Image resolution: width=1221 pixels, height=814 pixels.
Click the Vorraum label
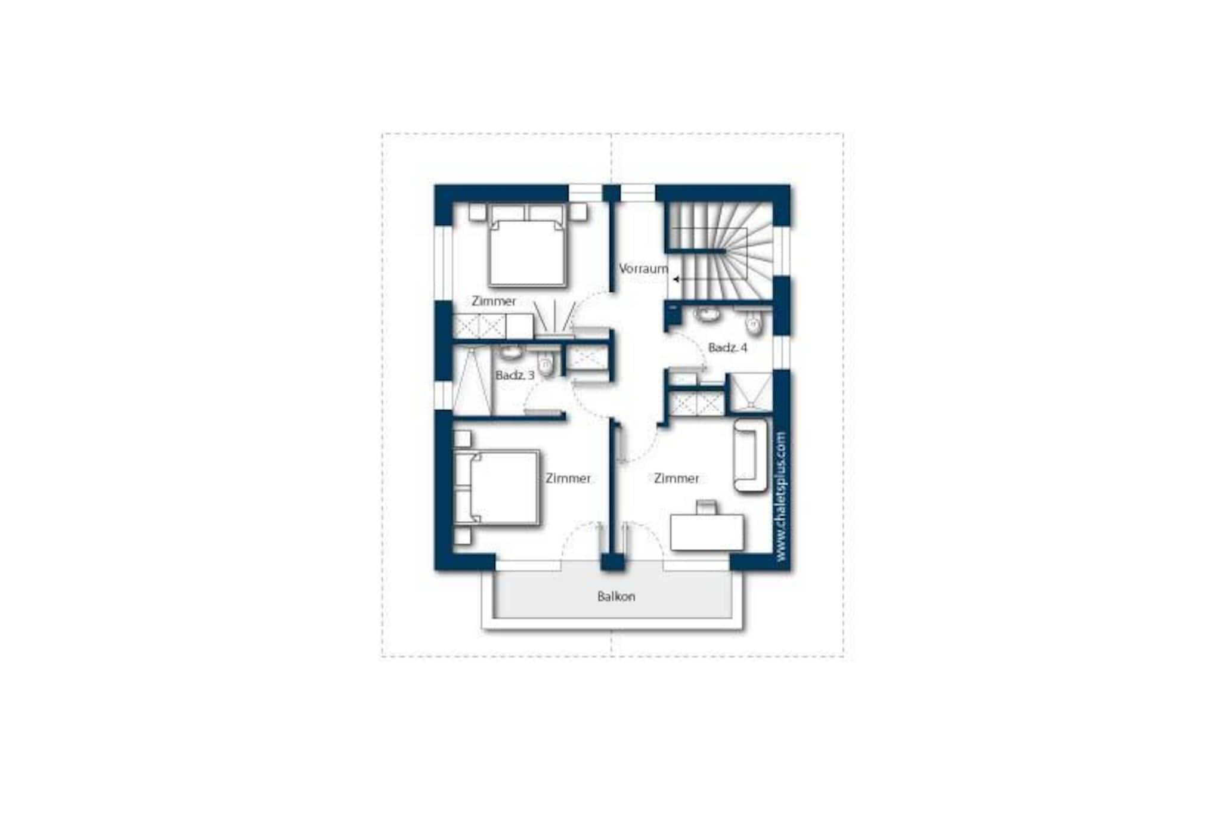pyautogui.click(x=643, y=269)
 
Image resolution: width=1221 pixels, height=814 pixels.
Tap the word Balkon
pyautogui.click(x=616, y=596)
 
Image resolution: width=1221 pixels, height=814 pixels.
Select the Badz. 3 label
pyautogui.click(x=515, y=376)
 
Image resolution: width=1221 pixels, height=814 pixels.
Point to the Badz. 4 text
pyautogui.click(x=727, y=347)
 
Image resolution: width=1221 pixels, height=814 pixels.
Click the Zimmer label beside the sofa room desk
pyautogui.click(x=676, y=478)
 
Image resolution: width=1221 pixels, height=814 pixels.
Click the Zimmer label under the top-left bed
pyautogui.click(x=494, y=301)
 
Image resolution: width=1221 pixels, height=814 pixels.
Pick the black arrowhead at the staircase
pyautogui.click(x=676, y=278)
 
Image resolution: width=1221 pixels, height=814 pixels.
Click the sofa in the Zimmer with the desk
pyautogui.click(x=751, y=456)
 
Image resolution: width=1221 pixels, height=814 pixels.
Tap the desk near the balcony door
pyautogui.click(x=707, y=533)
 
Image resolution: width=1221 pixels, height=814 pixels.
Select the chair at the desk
pyautogui.click(x=706, y=507)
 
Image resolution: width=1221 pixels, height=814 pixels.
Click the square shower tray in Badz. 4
pyautogui.click(x=751, y=392)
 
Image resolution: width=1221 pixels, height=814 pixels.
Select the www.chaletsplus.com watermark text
pyautogui.click(x=782, y=496)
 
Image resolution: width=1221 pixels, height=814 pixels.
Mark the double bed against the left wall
pyautogui.click(x=497, y=488)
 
